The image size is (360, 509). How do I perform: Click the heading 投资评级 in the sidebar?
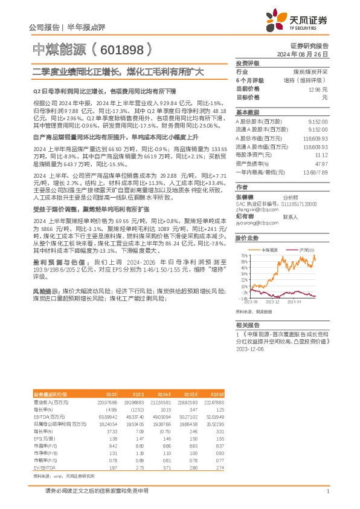[x=247, y=63]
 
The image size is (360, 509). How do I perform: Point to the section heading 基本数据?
[x=247, y=112]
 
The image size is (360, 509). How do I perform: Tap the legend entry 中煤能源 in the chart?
[x=270, y=250]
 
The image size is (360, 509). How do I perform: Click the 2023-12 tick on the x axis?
[x=273, y=300]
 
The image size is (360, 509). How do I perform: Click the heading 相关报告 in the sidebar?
[x=247, y=325]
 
